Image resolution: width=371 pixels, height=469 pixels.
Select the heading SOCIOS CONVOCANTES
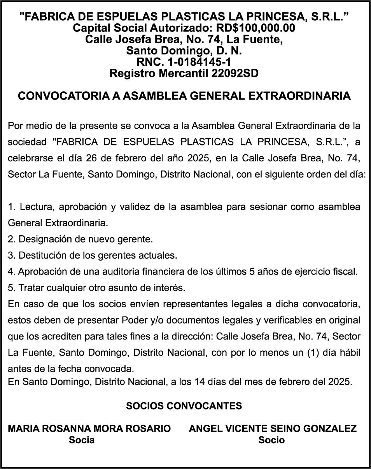[x=184, y=406]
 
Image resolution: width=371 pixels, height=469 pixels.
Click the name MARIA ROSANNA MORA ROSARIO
[x=89, y=429]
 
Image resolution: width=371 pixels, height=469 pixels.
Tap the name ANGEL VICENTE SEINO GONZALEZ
[x=273, y=429]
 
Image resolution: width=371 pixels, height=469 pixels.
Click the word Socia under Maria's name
[x=82, y=440]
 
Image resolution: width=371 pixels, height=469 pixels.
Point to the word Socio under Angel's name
[x=271, y=440]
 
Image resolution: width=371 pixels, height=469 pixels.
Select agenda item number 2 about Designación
[x=80, y=239]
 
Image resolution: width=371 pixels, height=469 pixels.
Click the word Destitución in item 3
[x=42, y=255]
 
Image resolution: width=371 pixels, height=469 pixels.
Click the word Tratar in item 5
[x=31, y=288]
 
